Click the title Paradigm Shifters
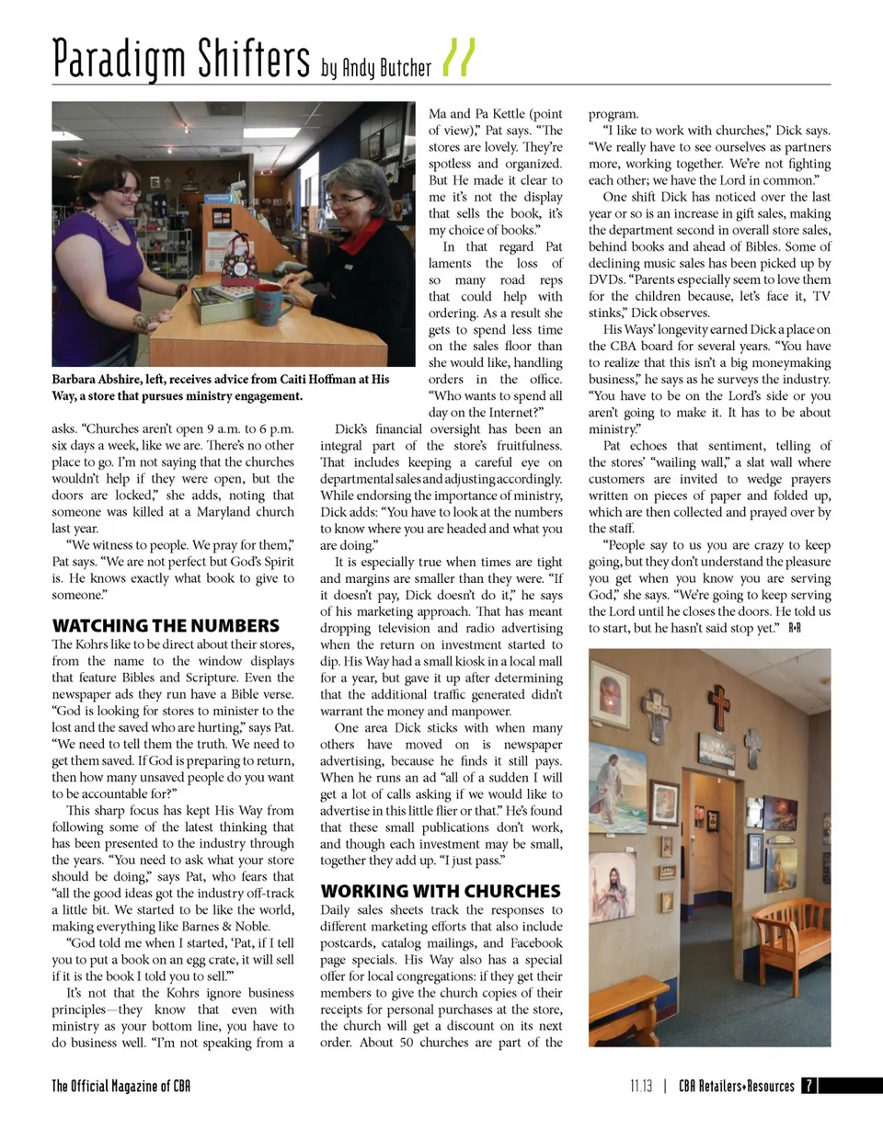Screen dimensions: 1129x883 pyautogui.click(x=180, y=59)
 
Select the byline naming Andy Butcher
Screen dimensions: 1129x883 pyautogui.click(x=376, y=67)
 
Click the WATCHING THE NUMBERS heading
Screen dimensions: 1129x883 pyautogui.click(x=166, y=626)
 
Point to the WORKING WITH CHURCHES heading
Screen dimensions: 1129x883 pyautogui.click(x=440, y=891)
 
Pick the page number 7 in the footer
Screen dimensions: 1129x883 pyautogui.click(x=808, y=1086)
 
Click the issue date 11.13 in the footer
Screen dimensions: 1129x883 pyautogui.click(x=641, y=1086)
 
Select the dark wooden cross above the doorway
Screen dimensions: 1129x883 pyautogui.click(x=718, y=706)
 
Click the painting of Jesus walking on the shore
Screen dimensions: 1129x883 pyautogui.click(x=616, y=786)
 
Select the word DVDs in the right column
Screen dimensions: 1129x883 pyautogui.click(x=605, y=279)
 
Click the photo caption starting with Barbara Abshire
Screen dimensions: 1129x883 pyautogui.click(x=221, y=387)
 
